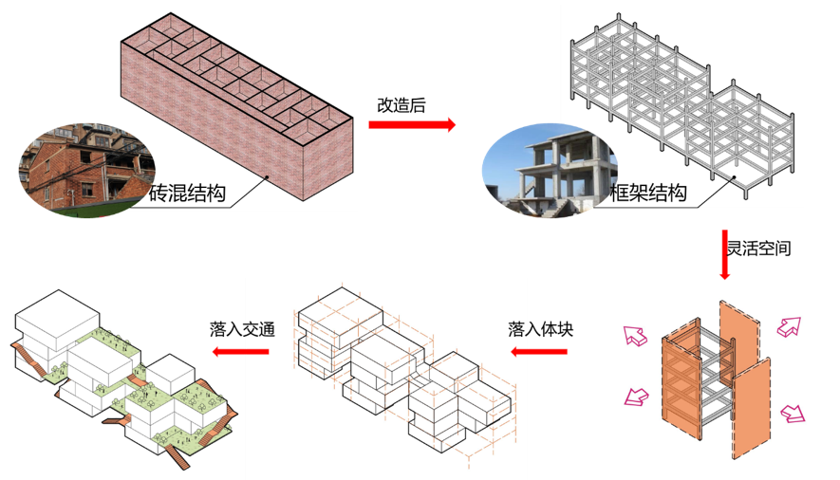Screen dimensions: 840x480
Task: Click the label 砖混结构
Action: click(x=188, y=195)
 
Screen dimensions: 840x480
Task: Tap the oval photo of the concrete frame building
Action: click(x=549, y=171)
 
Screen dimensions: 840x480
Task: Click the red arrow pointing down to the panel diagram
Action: click(x=724, y=254)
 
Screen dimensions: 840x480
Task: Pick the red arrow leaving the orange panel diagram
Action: click(x=540, y=352)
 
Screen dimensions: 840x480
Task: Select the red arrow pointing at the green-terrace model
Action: click(x=241, y=351)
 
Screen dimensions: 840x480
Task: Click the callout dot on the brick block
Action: click(x=268, y=176)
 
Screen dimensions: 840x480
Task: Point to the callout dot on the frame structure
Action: click(x=734, y=176)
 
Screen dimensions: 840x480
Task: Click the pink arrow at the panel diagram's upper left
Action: click(x=633, y=335)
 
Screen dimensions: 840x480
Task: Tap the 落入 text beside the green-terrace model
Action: click(x=226, y=329)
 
